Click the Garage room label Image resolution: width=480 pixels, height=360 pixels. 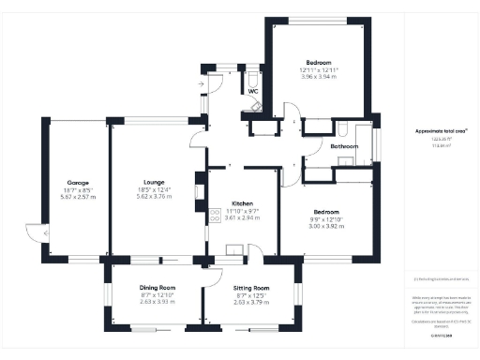tap(77, 182)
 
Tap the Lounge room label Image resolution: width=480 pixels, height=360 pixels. tap(155, 182)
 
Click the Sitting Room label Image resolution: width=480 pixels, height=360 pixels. tap(250, 288)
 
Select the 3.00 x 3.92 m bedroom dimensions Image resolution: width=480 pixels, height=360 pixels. tap(325, 226)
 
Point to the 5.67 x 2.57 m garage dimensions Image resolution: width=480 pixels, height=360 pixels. tap(77, 197)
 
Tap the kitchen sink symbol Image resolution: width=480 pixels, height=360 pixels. tap(232, 248)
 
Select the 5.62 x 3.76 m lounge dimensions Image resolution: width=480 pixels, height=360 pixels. tap(155, 197)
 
